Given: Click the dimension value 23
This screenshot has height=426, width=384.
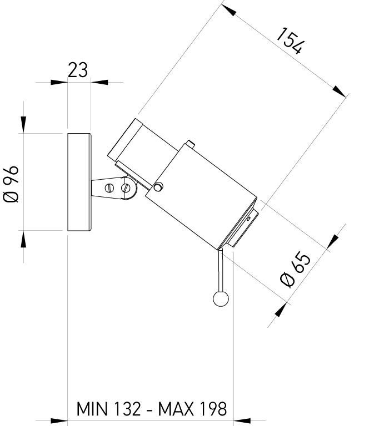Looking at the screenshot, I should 78,70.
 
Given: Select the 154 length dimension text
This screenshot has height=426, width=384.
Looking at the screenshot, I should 290,40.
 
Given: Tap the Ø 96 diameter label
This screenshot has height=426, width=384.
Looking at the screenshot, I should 12,183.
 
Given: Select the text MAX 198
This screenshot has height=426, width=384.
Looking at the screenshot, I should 193,409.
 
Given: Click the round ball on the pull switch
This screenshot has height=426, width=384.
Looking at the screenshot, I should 221,299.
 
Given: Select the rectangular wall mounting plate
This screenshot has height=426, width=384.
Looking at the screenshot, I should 78,182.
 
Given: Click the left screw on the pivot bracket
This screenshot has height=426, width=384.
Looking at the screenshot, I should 109,187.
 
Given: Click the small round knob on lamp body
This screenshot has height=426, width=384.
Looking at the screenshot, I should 159,187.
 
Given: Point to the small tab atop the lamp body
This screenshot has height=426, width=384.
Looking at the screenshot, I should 191,144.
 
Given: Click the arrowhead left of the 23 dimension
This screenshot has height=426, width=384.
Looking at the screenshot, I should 58,82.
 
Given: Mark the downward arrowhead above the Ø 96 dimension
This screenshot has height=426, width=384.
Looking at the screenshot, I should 23,124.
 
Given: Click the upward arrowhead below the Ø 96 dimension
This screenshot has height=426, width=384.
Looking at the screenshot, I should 23,239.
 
